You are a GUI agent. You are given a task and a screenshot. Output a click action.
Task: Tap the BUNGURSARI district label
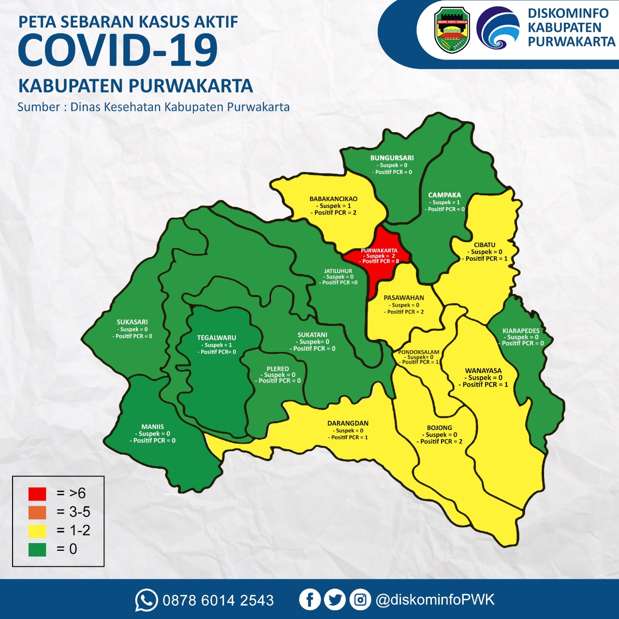(x=392, y=158)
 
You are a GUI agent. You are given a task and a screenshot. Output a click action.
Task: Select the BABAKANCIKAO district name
(x=333, y=199)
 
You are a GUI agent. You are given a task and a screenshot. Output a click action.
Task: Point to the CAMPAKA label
(x=444, y=195)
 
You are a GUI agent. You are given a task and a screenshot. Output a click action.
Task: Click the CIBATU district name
(x=485, y=245)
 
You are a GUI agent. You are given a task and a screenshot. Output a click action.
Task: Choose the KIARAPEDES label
(x=521, y=331)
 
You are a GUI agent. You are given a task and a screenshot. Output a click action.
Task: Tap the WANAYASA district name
(x=483, y=371)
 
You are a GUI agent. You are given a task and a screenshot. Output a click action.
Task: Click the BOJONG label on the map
(x=439, y=428)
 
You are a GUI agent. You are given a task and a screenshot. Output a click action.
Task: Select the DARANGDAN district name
(x=348, y=424)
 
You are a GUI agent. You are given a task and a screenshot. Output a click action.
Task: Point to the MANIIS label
(x=152, y=427)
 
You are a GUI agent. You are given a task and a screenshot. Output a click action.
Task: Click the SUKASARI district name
(x=132, y=322)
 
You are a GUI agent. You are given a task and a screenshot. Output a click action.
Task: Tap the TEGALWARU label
(x=217, y=338)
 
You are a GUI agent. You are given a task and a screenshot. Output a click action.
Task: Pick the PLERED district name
(x=278, y=369)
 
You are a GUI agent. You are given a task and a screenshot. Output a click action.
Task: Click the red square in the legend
(x=37, y=494)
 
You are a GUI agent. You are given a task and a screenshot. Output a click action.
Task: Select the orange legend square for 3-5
(x=37, y=512)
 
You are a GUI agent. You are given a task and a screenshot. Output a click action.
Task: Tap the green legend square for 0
(x=37, y=549)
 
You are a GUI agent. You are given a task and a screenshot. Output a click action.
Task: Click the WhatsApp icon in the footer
(x=146, y=600)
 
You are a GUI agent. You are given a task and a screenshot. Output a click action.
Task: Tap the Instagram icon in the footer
(x=360, y=600)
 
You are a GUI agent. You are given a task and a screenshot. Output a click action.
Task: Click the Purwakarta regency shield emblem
(x=452, y=30)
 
